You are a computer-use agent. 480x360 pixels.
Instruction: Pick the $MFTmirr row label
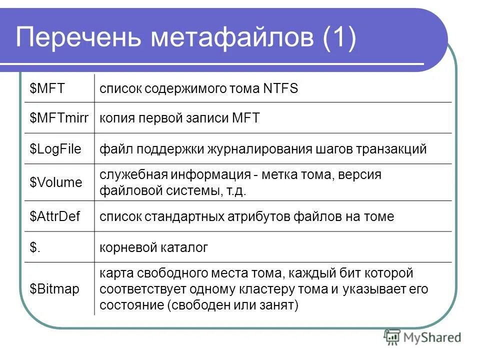[x=59, y=118]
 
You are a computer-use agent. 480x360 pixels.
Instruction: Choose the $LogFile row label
[x=55, y=149]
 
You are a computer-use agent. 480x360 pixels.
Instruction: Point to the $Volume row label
[x=55, y=182]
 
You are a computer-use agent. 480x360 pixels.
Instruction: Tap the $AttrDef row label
[x=55, y=216]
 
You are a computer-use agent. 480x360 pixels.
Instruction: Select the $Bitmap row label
[x=54, y=289]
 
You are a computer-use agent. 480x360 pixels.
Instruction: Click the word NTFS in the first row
[x=279, y=89]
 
